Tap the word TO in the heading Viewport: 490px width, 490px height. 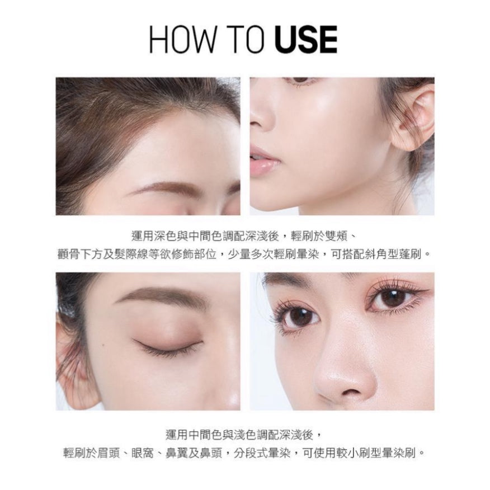tap(247, 40)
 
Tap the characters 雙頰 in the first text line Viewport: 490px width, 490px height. tap(337, 237)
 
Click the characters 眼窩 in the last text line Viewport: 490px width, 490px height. tap(143, 453)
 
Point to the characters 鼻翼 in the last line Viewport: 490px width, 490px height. tap(177, 453)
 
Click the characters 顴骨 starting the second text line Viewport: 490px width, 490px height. tap(70, 255)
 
